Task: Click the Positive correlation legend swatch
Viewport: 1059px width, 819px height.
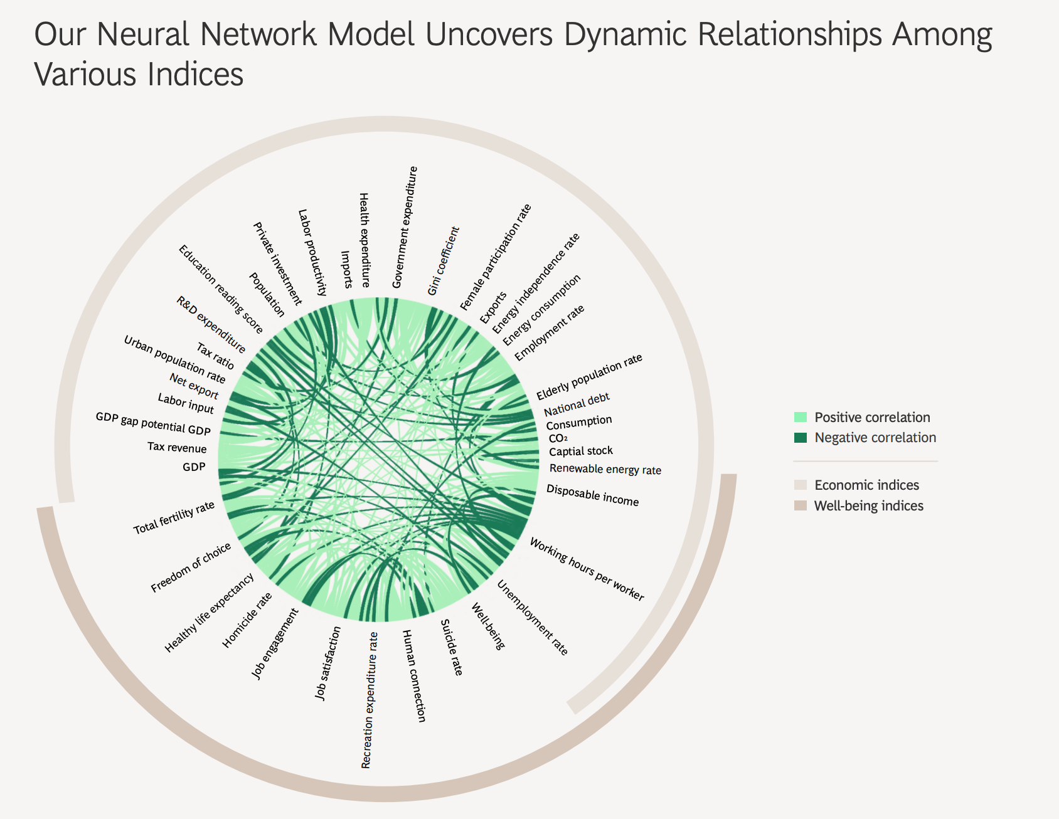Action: pos(800,417)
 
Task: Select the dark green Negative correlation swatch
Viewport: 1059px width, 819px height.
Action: pos(800,438)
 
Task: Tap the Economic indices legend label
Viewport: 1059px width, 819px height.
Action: pos(866,485)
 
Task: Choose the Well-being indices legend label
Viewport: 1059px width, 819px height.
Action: pos(868,505)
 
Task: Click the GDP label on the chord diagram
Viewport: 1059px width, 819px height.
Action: pos(194,467)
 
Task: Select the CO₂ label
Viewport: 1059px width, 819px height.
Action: pos(558,438)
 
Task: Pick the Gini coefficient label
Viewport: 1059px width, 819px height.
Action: pos(444,261)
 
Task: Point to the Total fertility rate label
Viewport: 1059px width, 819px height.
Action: pos(174,518)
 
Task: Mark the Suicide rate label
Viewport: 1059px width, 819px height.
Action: pos(452,647)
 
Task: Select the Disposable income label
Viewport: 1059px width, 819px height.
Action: pos(592,495)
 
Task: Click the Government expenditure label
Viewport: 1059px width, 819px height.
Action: pos(405,227)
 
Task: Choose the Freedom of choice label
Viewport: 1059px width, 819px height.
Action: pos(191,568)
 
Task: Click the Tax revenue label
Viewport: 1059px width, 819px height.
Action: pos(177,448)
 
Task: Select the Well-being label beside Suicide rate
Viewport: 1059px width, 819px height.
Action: pos(487,626)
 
